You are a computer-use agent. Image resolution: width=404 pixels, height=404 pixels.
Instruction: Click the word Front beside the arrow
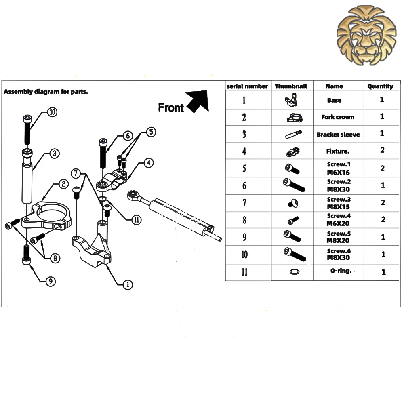pyautogui.click(x=170, y=108)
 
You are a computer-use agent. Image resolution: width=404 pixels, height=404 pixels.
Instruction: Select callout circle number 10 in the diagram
pyautogui.click(x=52, y=112)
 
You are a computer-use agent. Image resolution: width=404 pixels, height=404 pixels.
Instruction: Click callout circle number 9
pyautogui.click(x=50, y=282)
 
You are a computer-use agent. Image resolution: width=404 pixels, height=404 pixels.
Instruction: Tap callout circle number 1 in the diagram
pyautogui.click(x=127, y=285)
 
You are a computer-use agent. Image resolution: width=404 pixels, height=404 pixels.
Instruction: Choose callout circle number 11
pyautogui.click(x=137, y=220)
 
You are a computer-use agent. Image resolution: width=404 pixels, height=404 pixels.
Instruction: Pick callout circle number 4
pyautogui.click(x=149, y=163)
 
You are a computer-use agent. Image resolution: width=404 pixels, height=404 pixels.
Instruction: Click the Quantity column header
pyautogui.click(x=380, y=86)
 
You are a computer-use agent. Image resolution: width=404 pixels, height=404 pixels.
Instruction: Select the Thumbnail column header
pyautogui.click(x=291, y=86)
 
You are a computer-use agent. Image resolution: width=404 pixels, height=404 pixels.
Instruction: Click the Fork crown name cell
pyautogui.click(x=338, y=117)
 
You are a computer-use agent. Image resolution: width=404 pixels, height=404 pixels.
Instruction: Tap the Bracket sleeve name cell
pyautogui.click(x=338, y=135)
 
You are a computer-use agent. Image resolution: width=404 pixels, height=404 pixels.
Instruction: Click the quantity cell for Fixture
pyautogui.click(x=382, y=150)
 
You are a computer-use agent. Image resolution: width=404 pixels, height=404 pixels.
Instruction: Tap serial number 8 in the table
pyautogui.click(x=244, y=220)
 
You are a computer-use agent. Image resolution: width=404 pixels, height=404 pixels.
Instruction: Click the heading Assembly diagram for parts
pyautogui.click(x=46, y=92)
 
